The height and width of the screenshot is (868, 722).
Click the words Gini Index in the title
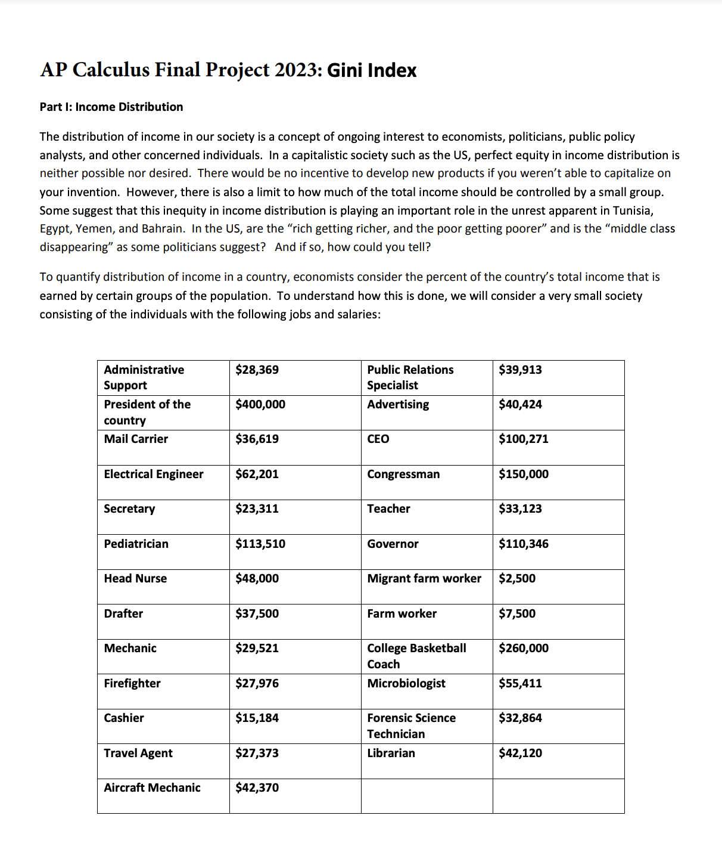[372, 70]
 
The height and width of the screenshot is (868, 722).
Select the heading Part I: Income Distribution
[111, 107]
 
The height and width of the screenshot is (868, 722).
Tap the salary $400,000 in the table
[260, 404]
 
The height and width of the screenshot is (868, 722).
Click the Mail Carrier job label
[136, 439]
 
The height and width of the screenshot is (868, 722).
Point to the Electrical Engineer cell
[154, 474]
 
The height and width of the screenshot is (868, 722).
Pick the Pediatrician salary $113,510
[260, 544]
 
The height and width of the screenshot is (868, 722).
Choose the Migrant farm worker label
[424, 578]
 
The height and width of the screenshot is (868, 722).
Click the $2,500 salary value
[517, 578]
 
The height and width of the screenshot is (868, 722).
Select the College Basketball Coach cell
[416, 656]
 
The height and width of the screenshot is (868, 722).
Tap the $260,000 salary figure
[524, 648]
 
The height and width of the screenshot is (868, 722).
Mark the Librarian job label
[391, 753]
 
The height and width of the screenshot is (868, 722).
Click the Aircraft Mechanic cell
[152, 788]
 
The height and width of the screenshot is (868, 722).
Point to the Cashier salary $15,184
[257, 718]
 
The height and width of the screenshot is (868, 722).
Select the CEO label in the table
[378, 439]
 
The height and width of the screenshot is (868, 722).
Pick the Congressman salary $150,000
[524, 474]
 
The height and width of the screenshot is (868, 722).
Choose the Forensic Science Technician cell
[411, 726]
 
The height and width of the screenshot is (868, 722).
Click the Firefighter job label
[132, 683]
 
